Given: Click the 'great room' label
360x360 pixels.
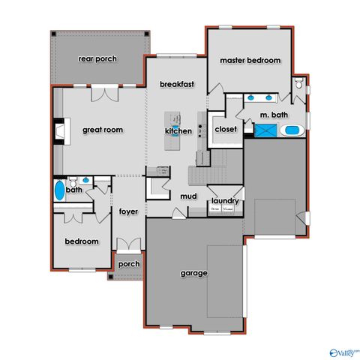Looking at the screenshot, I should pyautogui.click(x=102, y=129).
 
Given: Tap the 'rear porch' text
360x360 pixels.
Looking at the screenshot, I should pyautogui.click(x=97, y=58).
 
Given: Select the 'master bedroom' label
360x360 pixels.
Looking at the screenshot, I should pyautogui.click(x=250, y=60).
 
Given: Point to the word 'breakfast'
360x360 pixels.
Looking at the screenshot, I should pyautogui.click(x=177, y=85).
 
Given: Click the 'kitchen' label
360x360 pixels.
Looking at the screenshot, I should pyautogui.click(x=178, y=132).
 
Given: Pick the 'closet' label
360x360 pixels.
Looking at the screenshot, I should pyautogui.click(x=225, y=128).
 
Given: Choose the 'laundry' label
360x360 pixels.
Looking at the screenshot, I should pyautogui.click(x=225, y=201).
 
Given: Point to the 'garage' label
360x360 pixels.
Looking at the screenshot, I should pyautogui.click(x=193, y=273).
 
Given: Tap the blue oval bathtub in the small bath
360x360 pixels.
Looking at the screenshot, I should pyautogui.click(x=59, y=190).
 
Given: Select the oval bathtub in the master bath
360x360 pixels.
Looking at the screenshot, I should pyautogui.click(x=292, y=131).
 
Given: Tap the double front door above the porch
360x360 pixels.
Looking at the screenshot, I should pyautogui.click(x=128, y=245).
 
